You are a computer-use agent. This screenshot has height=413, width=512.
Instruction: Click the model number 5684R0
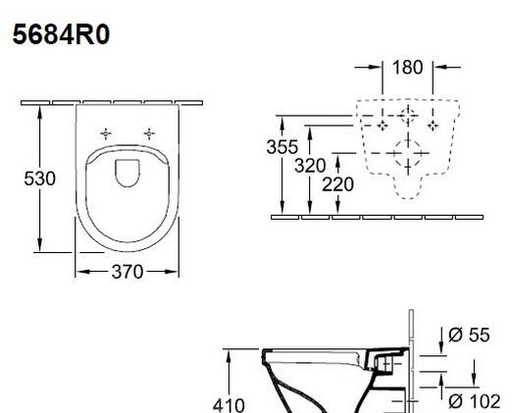[x=60, y=36]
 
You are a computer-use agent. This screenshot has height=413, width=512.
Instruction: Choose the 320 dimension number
[x=310, y=165]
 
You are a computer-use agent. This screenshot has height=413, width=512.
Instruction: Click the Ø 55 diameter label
[x=469, y=336]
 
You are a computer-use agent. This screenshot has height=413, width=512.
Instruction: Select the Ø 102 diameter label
[x=473, y=400]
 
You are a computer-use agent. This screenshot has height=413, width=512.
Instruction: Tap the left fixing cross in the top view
[x=106, y=132]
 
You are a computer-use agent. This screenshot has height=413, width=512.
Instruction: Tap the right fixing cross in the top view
[x=150, y=132]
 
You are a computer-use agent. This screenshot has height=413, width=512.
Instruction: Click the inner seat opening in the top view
[x=128, y=172]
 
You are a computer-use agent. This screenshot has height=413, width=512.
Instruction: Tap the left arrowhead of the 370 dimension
[x=79, y=272]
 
